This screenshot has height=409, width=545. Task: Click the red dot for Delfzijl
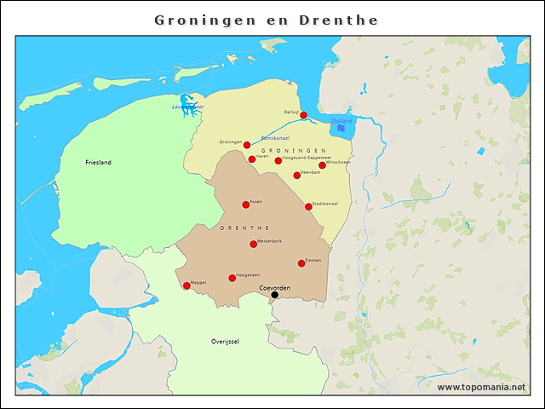click(x=303, y=115)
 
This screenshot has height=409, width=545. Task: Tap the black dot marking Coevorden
click(x=274, y=295)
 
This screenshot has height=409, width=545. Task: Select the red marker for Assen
click(x=246, y=204)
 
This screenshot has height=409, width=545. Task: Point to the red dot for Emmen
click(x=301, y=263)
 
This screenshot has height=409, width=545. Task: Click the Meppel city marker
click(x=186, y=285)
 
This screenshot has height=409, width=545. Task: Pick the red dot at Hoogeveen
click(x=232, y=278)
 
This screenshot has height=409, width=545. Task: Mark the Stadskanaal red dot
click(x=308, y=206)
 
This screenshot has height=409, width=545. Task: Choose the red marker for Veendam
click(x=296, y=176)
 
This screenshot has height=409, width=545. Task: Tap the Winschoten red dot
click(x=322, y=165)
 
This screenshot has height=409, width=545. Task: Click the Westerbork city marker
click(x=253, y=245)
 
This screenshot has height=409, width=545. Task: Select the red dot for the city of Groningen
click(x=247, y=145)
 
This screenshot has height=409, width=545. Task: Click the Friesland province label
click(x=98, y=162)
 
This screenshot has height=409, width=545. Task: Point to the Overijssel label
click(x=225, y=341)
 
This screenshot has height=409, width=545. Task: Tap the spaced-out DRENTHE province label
click(x=245, y=228)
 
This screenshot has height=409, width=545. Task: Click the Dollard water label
click(x=341, y=121)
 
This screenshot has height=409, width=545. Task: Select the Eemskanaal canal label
click(x=275, y=137)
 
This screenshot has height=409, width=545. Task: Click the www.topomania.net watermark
click(x=481, y=388)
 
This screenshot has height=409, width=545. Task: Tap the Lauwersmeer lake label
click(x=186, y=107)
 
